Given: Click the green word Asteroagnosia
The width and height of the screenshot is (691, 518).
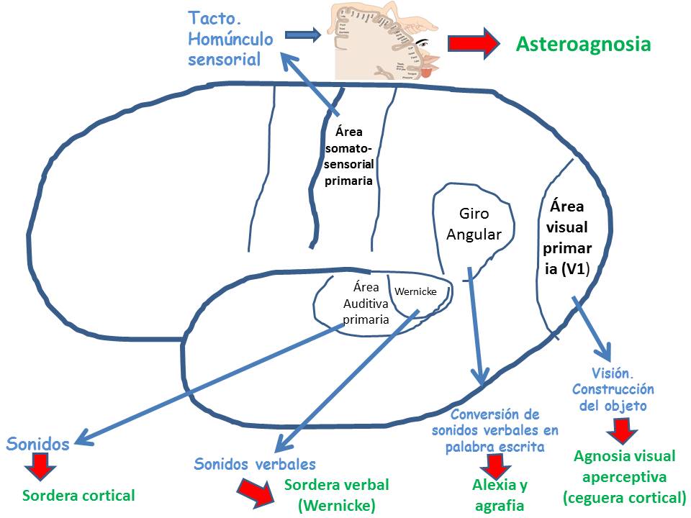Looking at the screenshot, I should tap(584, 45).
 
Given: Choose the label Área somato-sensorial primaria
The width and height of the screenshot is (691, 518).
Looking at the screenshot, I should tap(348, 157).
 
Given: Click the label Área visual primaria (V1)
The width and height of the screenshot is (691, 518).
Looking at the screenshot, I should tap(569, 237).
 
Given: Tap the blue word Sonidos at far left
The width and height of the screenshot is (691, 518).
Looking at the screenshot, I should tap(38, 443).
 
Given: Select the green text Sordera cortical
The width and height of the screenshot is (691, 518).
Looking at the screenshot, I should tap(78, 495).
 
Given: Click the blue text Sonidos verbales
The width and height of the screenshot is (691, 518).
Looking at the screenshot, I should tap(255, 464).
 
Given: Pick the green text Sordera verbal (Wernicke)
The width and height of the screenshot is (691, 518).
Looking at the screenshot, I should tap(337, 495).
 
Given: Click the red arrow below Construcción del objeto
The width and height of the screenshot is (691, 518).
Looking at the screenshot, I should tap(618, 430).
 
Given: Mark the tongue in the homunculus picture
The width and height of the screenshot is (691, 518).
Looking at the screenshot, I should tap(427, 73).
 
